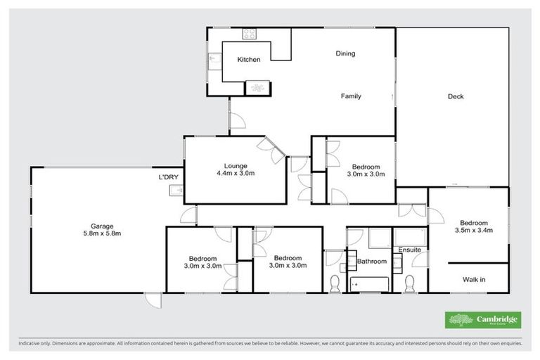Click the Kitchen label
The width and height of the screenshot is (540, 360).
248,60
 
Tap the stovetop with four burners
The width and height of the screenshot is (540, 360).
250,33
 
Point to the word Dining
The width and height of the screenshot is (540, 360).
345,53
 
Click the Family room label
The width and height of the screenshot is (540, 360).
351,96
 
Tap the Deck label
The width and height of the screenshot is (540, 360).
456,97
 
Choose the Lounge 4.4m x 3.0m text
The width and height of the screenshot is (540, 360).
235,169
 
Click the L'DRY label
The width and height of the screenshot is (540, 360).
169,176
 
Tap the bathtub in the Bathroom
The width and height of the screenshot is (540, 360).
368,284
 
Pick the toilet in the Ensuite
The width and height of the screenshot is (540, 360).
409,285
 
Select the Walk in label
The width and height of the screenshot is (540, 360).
474,279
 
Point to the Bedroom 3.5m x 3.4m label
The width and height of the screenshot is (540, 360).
474,226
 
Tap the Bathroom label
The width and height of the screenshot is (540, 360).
372,262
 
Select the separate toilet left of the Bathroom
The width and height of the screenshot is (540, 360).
335,285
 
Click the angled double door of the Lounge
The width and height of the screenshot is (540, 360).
271,147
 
